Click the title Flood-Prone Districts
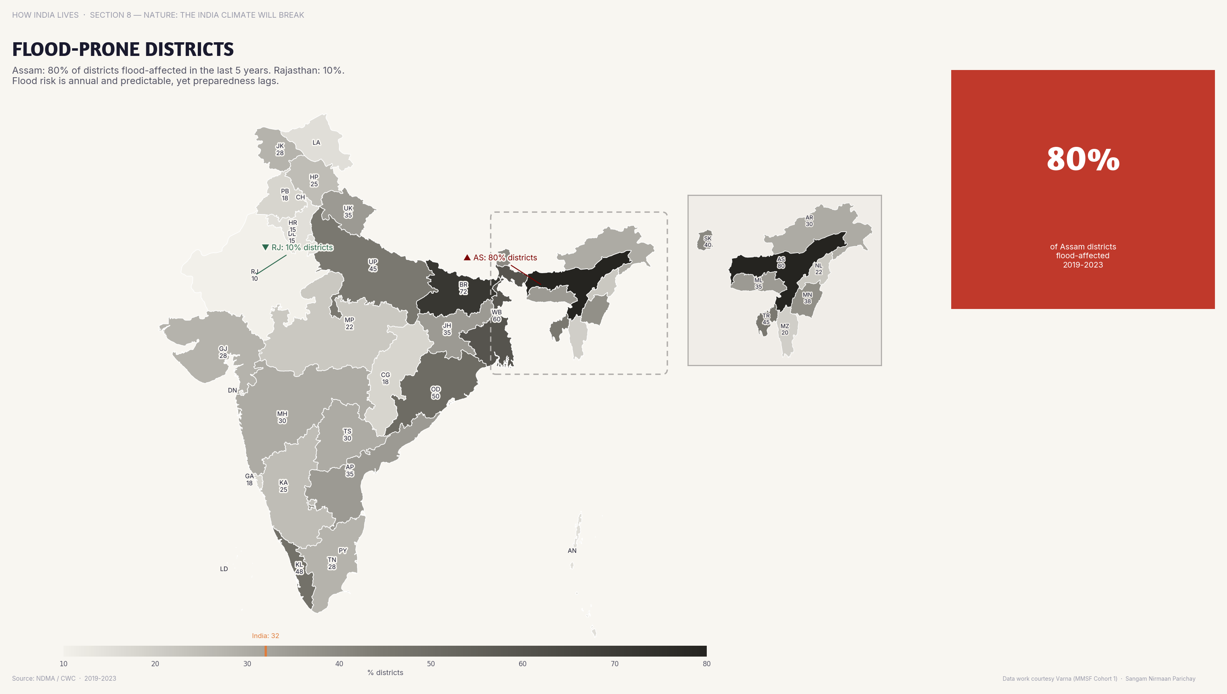[123, 49]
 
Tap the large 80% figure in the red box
[1083, 159]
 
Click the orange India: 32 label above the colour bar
[265, 636]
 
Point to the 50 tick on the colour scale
[431, 663]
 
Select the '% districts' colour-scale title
[385, 673]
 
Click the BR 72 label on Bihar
[463, 288]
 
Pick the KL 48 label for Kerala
[299, 568]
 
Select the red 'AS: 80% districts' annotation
[501, 257]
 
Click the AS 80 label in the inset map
[781, 263]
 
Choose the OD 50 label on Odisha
[435, 392]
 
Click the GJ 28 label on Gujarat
[223, 352]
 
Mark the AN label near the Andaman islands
[572, 550]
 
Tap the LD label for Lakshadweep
[224, 568]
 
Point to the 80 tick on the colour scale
[706, 663]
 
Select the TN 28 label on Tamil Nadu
[332, 563]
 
